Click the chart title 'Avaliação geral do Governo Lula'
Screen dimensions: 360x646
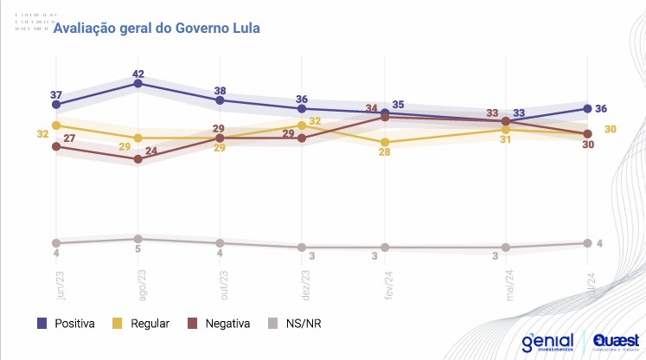click(x=157, y=28)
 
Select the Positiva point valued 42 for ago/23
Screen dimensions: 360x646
click(x=138, y=83)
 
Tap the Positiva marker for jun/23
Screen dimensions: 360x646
click(x=56, y=104)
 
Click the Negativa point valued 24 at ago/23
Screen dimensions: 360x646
click(x=138, y=159)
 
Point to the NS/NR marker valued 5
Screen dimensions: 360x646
click(x=138, y=239)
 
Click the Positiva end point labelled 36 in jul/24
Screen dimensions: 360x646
click(x=588, y=108)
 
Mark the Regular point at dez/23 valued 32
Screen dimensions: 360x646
click(x=303, y=125)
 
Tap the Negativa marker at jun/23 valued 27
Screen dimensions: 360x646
click(x=56, y=146)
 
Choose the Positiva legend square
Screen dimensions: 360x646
click(x=42, y=324)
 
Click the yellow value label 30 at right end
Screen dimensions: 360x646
click(x=610, y=129)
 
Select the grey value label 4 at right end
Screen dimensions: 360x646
click(x=599, y=242)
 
